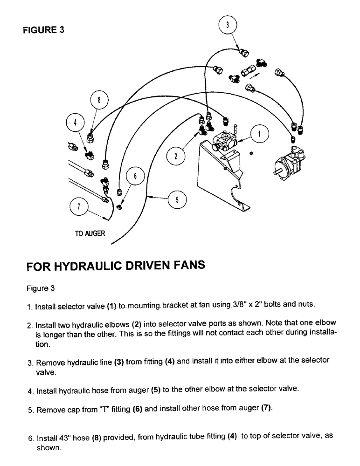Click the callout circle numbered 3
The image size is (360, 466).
pos(228,26)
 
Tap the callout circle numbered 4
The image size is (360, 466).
pos(76,123)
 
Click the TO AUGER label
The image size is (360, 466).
pos(90,233)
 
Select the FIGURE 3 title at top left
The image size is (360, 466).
pos(44,30)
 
